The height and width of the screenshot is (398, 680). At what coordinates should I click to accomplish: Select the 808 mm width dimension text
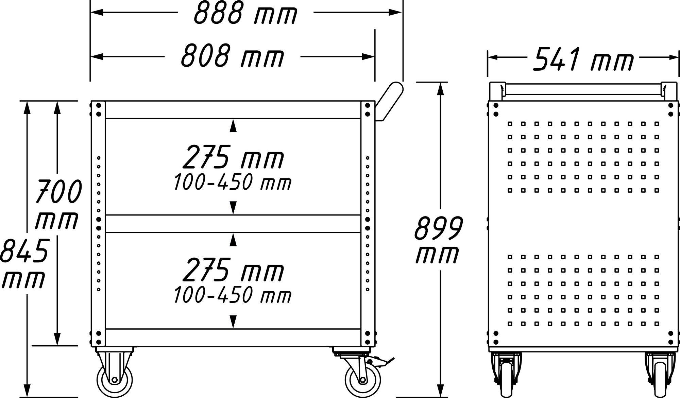coord(232,56)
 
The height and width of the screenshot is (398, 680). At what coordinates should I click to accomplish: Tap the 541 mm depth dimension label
coord(583,59)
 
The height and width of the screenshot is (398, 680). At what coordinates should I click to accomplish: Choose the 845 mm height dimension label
coord(24,263)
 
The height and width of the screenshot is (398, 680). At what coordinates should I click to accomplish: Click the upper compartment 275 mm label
coord(233,157)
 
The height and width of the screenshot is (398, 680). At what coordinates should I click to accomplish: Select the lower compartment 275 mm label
coord(233,270)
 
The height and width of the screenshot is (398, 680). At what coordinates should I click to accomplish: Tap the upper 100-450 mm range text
coord(233,183)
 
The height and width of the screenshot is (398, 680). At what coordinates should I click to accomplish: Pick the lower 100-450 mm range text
coord(233,295)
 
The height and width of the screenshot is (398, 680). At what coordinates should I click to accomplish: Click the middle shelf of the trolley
coord(233,224)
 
